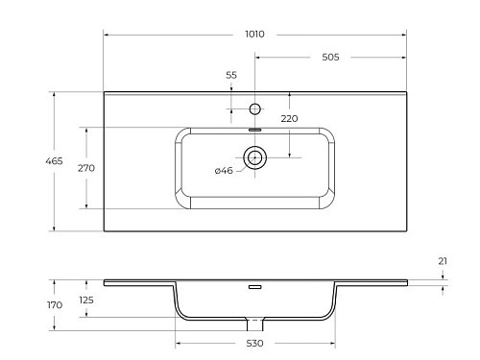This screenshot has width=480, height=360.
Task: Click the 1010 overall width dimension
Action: coord(254,34)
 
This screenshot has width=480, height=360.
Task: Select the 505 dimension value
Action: coord(330,57)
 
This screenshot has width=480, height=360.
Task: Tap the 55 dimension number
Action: coord(231,75)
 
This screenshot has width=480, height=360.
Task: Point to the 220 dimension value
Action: coord(289,118)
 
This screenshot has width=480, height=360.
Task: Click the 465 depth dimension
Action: coord(54,161)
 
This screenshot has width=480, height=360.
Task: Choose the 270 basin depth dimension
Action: coord(86,168)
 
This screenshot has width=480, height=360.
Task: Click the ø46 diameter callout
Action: coord(224,170)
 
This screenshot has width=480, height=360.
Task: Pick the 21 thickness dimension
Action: coord(443,261)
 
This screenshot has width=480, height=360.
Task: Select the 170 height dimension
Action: coord(55,305)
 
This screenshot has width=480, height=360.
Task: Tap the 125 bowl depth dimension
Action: coord(86,300)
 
